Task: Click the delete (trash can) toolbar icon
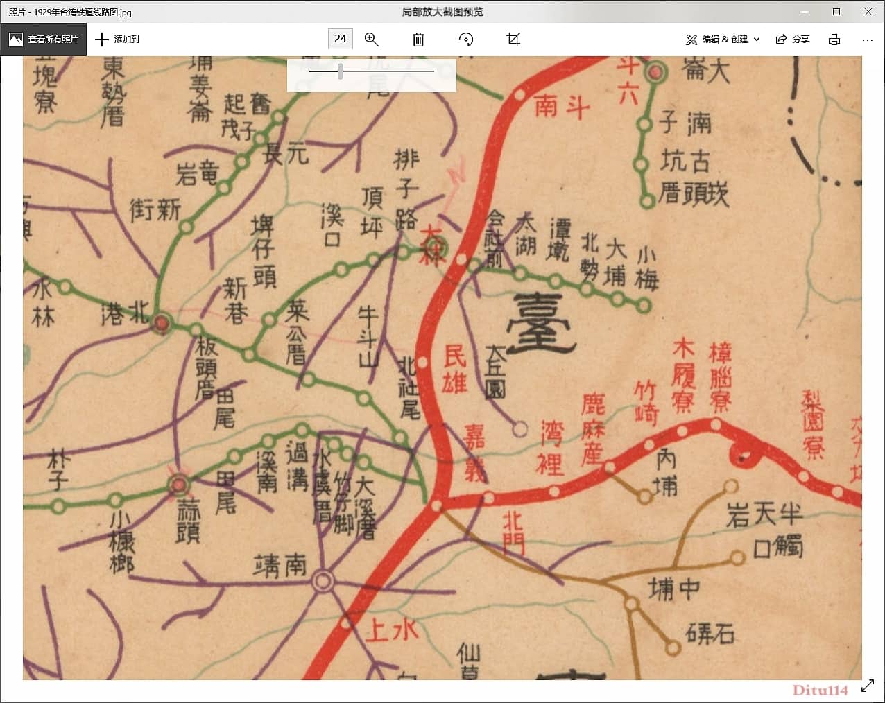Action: point(418,40)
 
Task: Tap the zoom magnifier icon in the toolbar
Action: point(372,40)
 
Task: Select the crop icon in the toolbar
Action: point(513,40)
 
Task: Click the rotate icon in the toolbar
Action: point(466,40)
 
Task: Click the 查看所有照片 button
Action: point(44,40)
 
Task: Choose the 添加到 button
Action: point(117,40)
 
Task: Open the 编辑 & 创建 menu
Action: point(723,40)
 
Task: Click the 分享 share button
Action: point(792,40)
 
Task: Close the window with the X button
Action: point(868,12)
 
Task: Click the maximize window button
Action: point(836,12)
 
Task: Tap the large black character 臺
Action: point(541,324)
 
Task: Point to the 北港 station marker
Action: point(162,322)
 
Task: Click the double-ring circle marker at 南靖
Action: point(323,581)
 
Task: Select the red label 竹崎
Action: point(646,402)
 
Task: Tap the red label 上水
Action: point(392,630)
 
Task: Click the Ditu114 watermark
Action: point(820,689)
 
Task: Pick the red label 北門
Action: point(514,532)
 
